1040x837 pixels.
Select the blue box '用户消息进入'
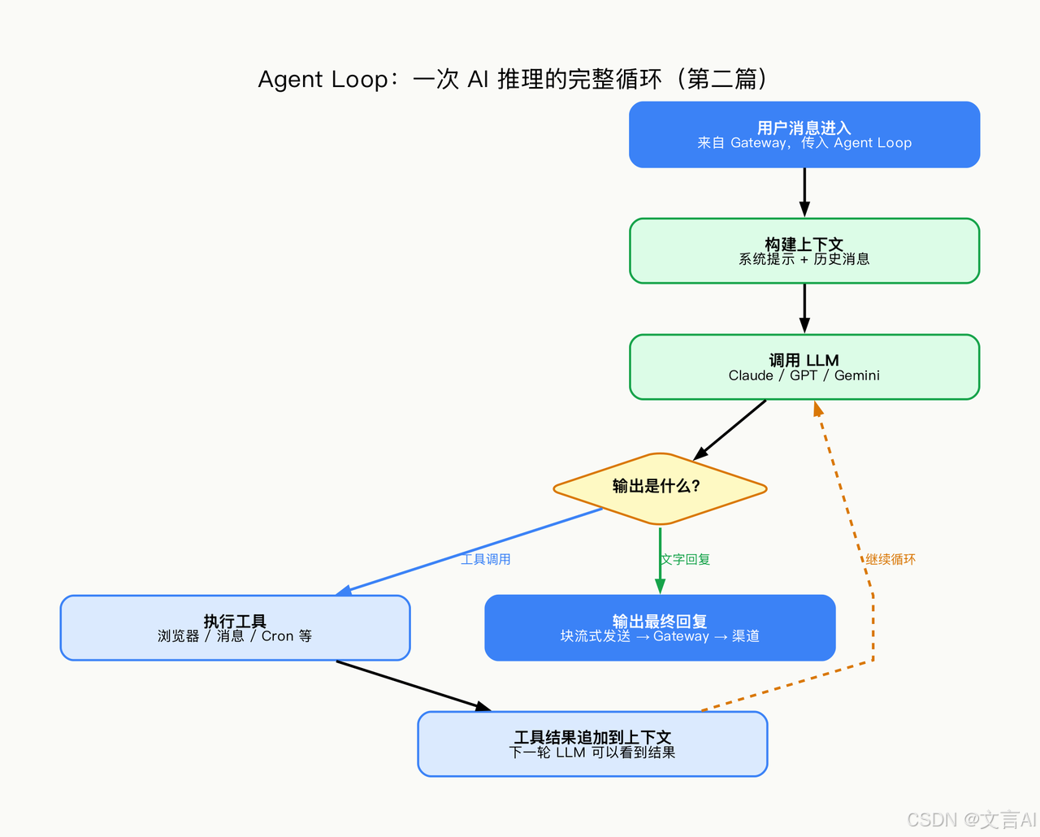(804, 134)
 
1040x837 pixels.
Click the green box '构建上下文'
(804, 250)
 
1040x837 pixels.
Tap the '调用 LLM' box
(804, 366)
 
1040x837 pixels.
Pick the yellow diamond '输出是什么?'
(659, 488)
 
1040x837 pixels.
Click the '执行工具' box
(235, 627)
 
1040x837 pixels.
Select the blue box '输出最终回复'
(659, 627)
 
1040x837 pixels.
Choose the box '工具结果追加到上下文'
(592, 744)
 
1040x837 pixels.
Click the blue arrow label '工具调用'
(486, 559)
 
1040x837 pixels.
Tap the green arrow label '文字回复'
(686, 559)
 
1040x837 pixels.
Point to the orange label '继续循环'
(890, 559)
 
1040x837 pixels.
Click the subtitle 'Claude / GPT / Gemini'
(804, 375)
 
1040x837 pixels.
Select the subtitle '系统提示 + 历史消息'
(804, 259)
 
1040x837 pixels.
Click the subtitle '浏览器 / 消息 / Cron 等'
(235, 636)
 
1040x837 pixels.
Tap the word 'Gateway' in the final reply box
(681, 636)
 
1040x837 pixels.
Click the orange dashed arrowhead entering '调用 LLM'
(818, 409)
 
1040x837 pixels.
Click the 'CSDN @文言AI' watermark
(971, 819)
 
